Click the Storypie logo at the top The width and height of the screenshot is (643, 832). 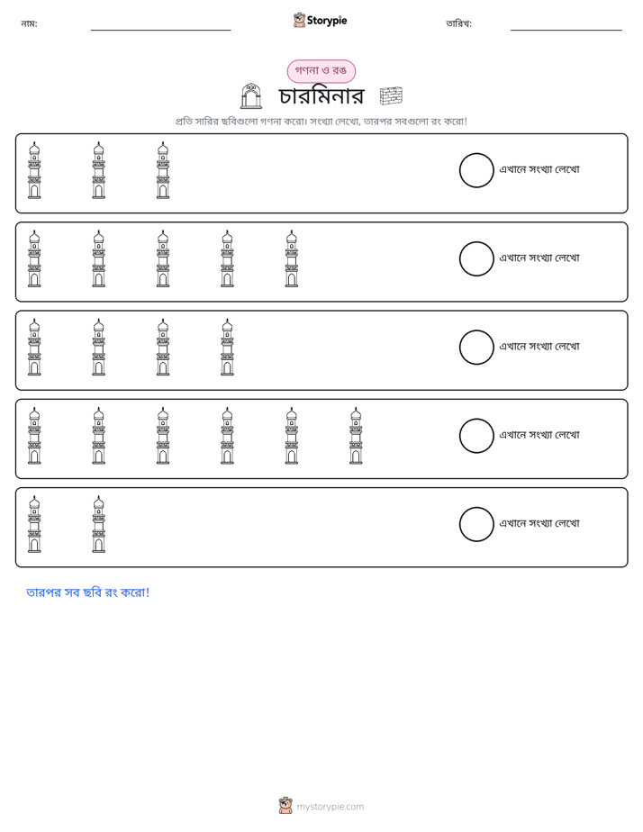(x=320, y=20)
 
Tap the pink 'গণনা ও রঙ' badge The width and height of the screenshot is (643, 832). (x=321, y=71)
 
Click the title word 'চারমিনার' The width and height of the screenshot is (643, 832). (x=321, y=96)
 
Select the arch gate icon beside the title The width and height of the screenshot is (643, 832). (x=251, y=96)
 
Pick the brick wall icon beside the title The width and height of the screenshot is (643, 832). (x=391, y=96)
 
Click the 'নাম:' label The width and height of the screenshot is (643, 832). (x=29, y=23)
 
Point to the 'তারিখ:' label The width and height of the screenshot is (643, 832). (x=459, y=23)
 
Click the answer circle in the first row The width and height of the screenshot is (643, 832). (x=476, y=170)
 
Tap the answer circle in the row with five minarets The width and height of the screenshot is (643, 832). (x=476, y=259)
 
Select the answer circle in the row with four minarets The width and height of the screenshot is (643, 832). (x=476, y=348)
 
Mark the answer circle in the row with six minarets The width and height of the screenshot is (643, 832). (x=476, y=436)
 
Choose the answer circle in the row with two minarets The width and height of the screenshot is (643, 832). (x=476, y=524)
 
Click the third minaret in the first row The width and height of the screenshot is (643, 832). (x=163, y=170)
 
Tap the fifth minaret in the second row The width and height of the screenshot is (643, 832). (x=291, y=259)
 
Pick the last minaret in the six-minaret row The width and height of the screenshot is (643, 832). (x=356, y=436)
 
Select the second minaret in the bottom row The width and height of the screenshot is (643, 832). (x=99, y=524)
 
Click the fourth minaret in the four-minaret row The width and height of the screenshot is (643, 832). (x=227, y=348)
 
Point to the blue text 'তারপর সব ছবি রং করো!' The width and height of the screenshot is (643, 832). (x=88, y=592)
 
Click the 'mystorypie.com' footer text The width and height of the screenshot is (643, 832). (x=330, y=807)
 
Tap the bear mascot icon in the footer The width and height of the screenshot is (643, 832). (x=285, y=806)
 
